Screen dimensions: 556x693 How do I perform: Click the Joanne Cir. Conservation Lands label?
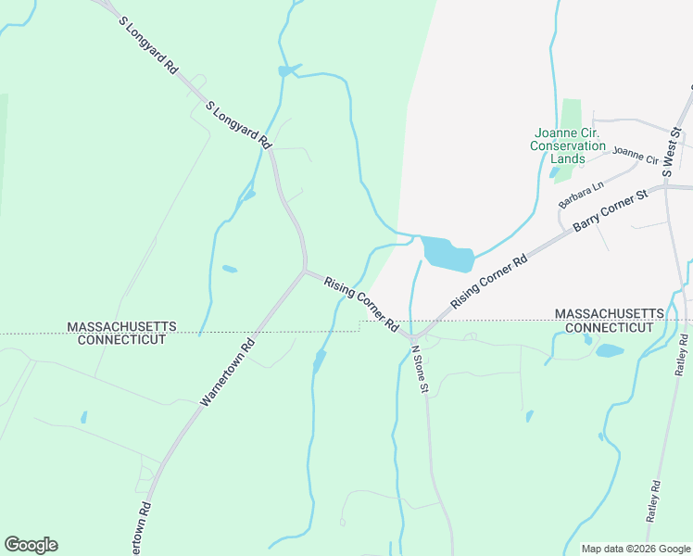tap(568, 145)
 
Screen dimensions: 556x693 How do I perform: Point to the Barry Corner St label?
tap(609, 213)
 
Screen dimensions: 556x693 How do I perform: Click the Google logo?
tap(31, 545)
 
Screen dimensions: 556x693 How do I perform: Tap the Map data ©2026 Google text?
tap(635, 549)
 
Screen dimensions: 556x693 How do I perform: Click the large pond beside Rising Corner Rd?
tap(447, 254)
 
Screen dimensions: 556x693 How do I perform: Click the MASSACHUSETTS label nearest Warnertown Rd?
tap(120, 327)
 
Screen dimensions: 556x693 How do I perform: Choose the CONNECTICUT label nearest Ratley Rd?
tap(610, 328)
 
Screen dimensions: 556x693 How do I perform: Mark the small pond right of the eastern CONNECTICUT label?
tap(610, 350)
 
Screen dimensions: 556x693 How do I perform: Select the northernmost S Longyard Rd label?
tap(147, 44)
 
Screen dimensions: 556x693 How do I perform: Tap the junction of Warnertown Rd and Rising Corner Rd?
tap(305, 271)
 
